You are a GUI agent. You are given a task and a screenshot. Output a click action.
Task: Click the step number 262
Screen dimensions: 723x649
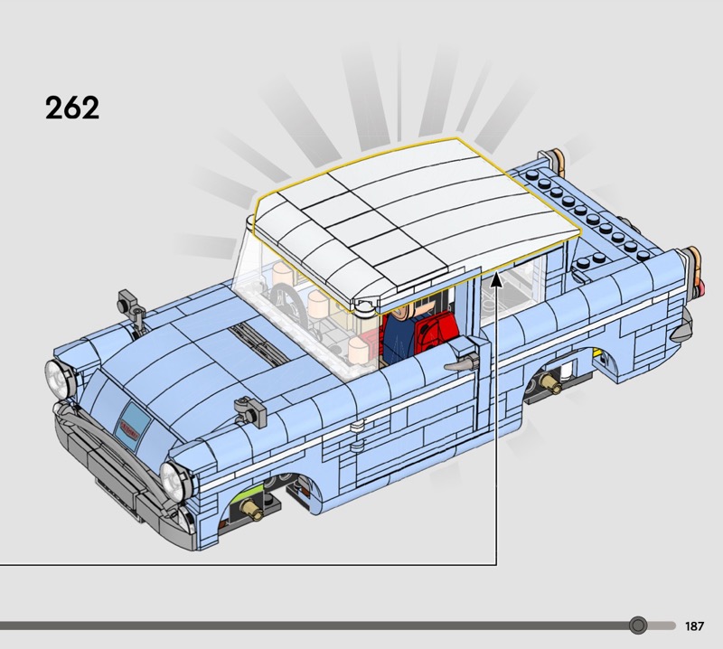pyautogui.click(x=72, y=108)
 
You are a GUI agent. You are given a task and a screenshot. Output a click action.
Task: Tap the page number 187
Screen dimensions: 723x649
pyautogui.click(x=694, y=625)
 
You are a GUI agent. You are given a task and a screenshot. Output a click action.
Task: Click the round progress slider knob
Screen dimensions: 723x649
pyautogui.click(x=638, y=625)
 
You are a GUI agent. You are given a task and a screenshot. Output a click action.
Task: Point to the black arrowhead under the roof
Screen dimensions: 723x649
pyautogui.click(x=496, y=279)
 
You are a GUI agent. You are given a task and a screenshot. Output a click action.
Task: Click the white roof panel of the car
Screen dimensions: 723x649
pyautogui.click(x=415, y=217)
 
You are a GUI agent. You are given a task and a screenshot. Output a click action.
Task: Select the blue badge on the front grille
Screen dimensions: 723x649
pyautogui.click(x=133, y=426)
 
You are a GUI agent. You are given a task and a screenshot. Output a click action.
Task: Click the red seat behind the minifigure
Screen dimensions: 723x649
pyautogui.click(x=436, y=332)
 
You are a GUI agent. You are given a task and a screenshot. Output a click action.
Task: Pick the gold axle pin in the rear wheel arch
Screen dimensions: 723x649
pyautogui.click(x=551, y=383)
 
